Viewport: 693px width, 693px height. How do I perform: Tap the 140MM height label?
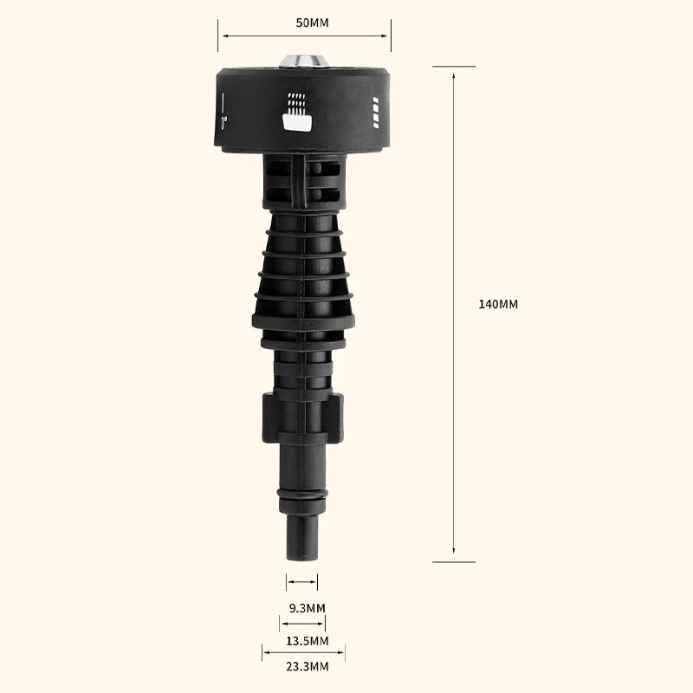(498, 304)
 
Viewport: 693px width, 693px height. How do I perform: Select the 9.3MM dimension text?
(307, 608)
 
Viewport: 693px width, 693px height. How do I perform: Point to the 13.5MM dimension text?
(307, 641)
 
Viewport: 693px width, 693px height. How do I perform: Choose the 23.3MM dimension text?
(307, 667)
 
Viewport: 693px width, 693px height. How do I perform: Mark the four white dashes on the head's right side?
(375, 112)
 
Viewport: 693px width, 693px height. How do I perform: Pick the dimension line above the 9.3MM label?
(301, 582)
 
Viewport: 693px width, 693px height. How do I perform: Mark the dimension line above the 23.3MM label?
(303, 652)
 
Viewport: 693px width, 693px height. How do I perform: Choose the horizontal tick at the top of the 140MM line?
(454, 67)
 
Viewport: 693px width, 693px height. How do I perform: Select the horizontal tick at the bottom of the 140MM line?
(454, 561)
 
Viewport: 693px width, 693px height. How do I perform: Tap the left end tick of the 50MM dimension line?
(218, 36)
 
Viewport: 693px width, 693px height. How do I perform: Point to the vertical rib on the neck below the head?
(298, 180)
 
